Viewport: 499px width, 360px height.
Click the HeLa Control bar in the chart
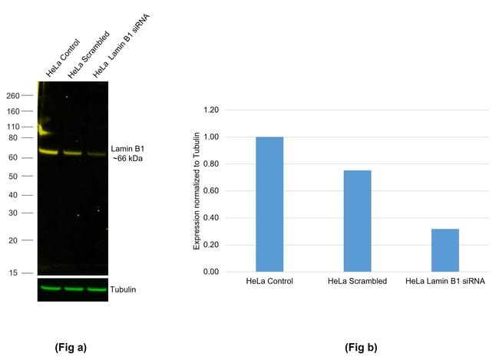(x=269, y=204)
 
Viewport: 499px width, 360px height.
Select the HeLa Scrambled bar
(x=357, y=221)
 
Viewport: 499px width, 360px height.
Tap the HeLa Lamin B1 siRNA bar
(x=445, y=250)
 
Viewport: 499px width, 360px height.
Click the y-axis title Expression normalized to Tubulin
(x=197, y=190)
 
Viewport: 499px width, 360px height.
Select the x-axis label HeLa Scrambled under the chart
(x=357, y=282)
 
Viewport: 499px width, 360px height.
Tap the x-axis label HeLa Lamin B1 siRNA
(x=445, y=282)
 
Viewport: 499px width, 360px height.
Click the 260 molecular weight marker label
(x=12, y=96)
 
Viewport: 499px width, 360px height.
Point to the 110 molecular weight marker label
(x=12, y=127)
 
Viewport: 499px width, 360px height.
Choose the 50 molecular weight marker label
(x=14, y=177)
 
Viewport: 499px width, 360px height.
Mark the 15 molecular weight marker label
(x=14, y=272)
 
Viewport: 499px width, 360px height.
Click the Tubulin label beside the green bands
(x=124, y=289)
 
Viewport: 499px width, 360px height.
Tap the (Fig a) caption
(x=71, y=347)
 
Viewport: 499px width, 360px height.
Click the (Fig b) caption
(x=361, y=347)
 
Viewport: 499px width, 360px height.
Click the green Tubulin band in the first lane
(x=50, y=289)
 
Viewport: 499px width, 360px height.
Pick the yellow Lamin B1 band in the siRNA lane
(x=96, y=154)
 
